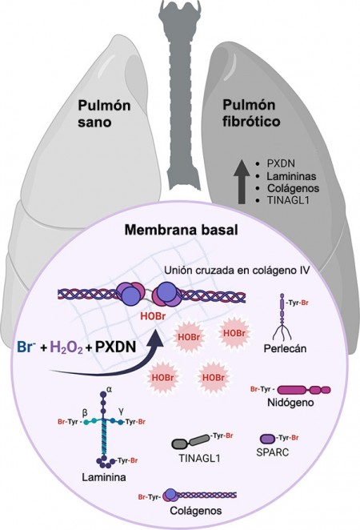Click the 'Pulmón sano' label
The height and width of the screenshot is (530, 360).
pos(104,114)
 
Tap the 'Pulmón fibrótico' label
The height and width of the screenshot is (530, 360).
pos(251,113)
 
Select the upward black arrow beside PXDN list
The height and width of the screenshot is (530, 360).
pos(242,182)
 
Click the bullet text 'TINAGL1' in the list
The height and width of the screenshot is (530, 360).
pos(288,200)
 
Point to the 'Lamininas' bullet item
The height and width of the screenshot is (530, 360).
pos(291,176)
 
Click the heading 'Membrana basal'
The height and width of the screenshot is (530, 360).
pos(182,230)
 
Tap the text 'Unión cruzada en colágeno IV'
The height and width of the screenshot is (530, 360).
pos(237,270)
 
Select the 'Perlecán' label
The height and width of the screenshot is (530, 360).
pos(285,348)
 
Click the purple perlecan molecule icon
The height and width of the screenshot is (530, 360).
pos(282,316)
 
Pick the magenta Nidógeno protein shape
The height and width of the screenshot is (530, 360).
pos(304,390)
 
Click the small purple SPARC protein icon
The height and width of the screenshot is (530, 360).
pos(268,439)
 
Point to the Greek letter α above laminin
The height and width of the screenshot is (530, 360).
pos(109,389)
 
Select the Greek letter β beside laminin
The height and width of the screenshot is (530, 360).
pos(85,412)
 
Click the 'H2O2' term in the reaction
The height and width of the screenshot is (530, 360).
pos(66,347)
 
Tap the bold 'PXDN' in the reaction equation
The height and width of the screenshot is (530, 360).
pos(115,347)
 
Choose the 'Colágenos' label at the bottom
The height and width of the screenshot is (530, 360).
pos(196,510)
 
